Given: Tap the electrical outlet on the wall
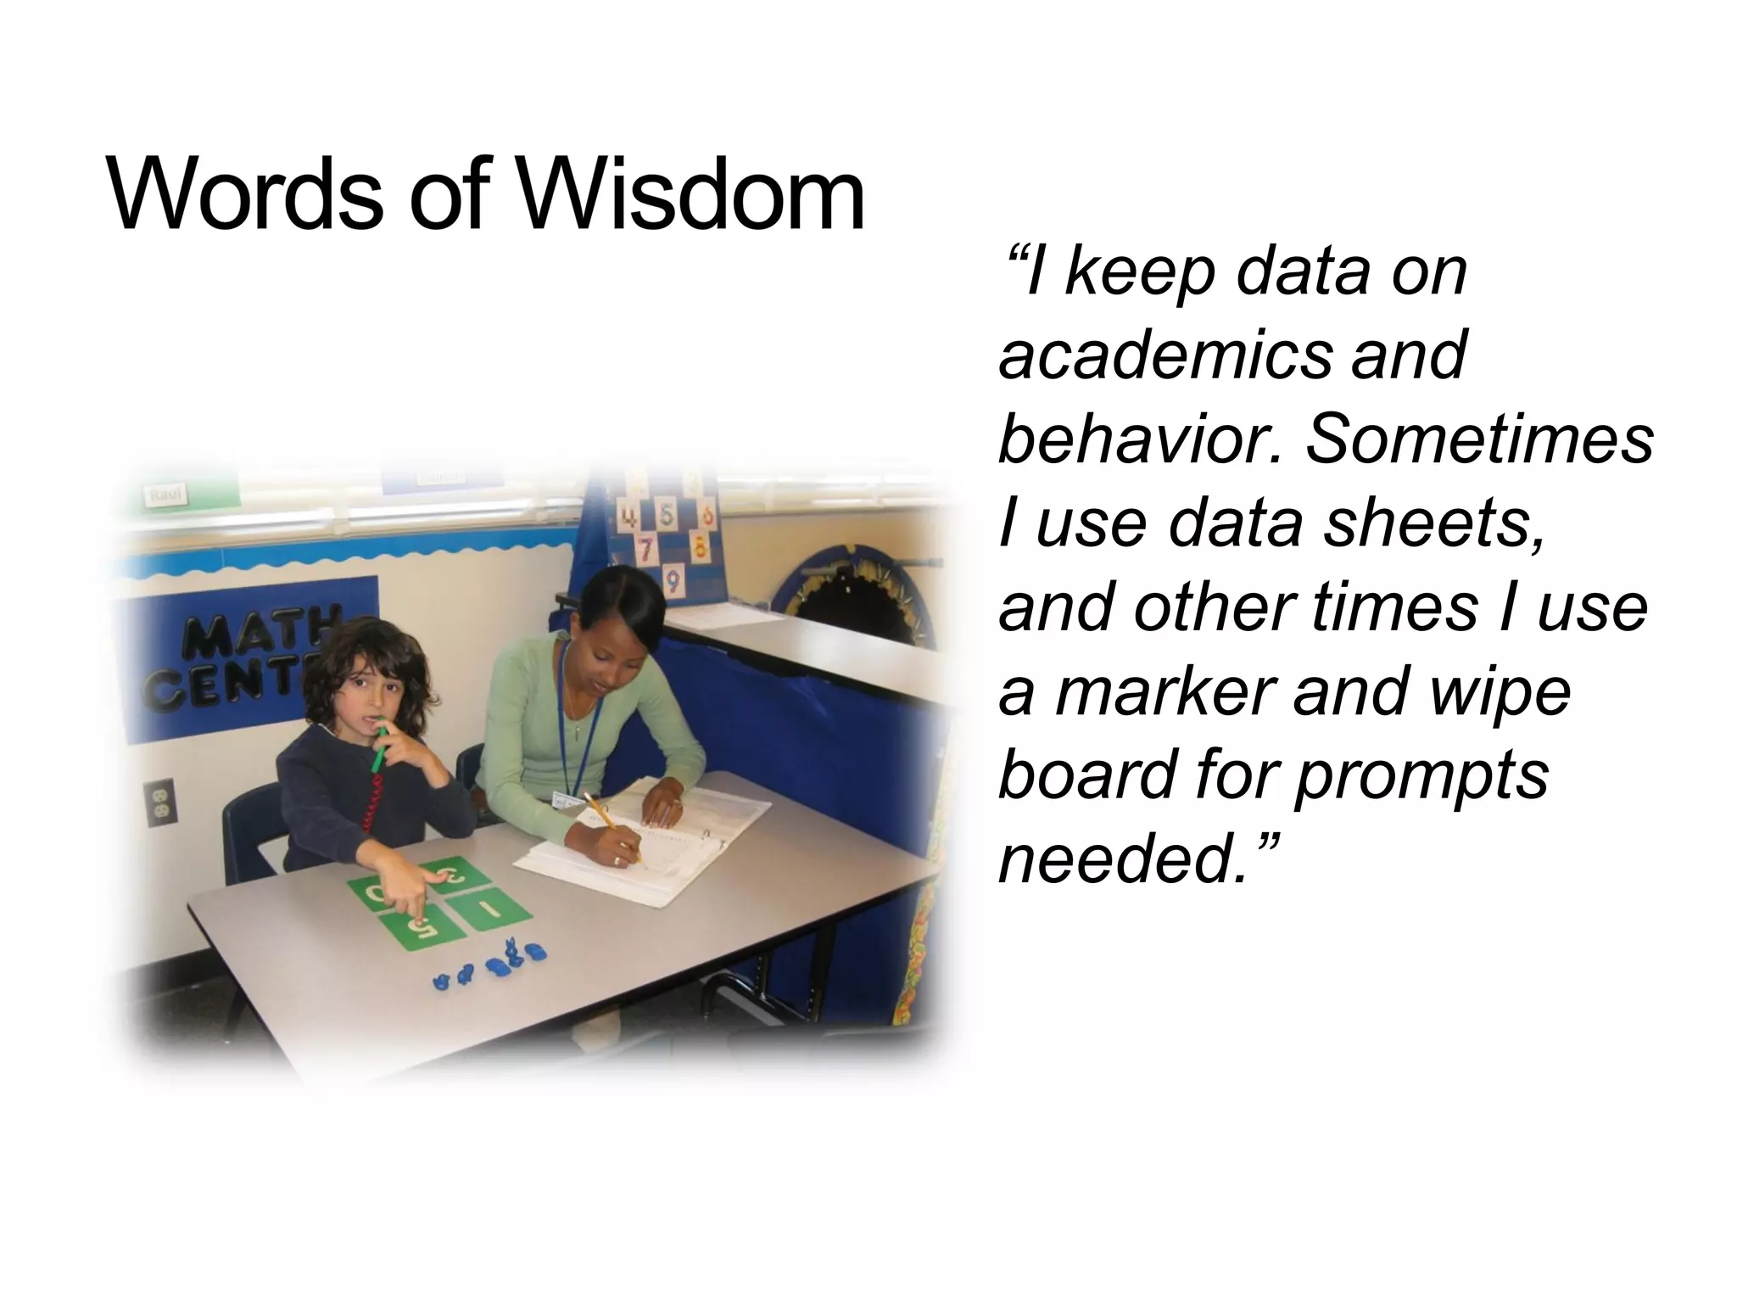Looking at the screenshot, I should tap(159, 802).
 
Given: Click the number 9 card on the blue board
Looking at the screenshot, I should tap(672, 581).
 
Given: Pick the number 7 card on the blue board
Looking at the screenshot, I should tap(646, 550).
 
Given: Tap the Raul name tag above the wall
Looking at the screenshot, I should tap(166, 495).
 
